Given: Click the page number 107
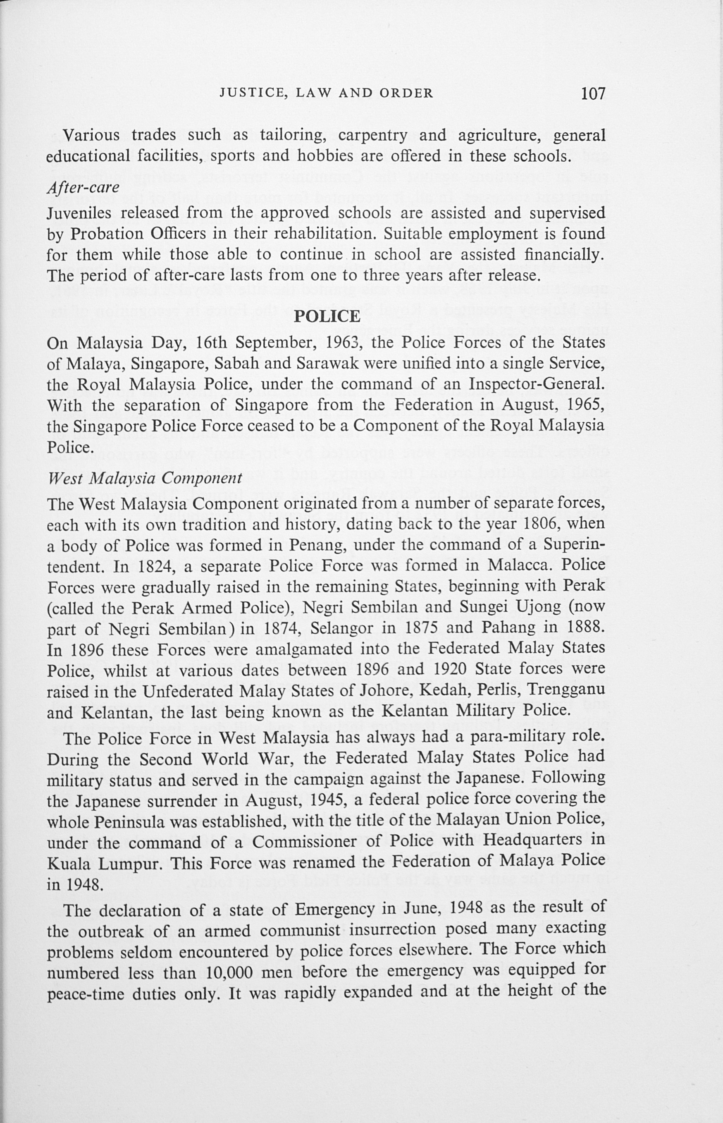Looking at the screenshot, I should pos(593,94).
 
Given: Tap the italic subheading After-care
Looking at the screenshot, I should pos(83,187).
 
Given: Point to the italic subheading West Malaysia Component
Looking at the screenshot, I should pos(145,479).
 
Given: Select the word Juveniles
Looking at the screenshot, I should pos(78,213).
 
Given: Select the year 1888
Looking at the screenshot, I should pos(585,627).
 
